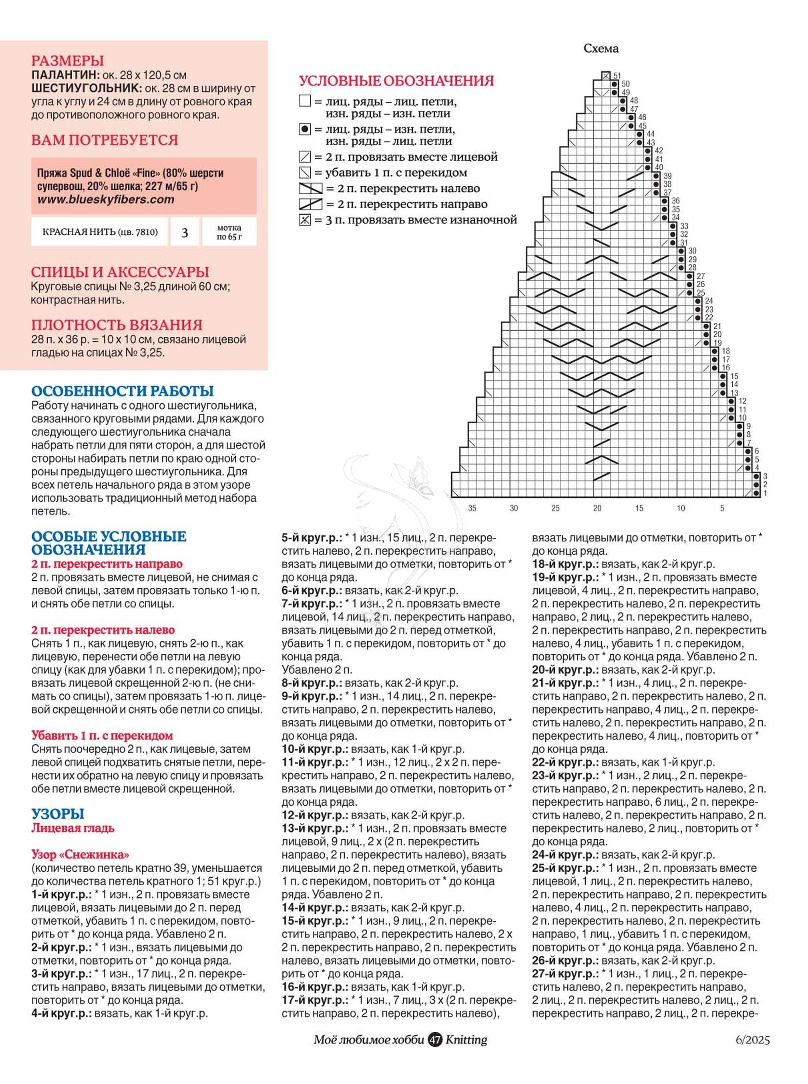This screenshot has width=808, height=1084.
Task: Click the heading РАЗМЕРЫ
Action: [67, 61]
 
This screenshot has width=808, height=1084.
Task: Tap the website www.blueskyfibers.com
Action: [106, 200]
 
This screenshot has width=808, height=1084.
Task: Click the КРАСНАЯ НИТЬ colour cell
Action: [100, 232]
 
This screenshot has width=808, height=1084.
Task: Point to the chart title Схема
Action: [601, 48]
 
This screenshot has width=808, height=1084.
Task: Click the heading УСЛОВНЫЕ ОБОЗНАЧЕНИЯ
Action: [396, 81]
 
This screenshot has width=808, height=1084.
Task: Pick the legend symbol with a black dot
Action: [305, 130]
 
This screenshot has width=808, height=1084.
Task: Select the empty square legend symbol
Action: [305, 101]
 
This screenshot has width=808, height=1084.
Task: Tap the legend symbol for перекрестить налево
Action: [310, 188]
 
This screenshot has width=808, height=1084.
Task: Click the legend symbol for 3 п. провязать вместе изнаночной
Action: [305, 220]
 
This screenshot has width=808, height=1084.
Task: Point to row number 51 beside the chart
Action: [617, 76]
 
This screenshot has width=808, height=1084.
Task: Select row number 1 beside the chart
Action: [765, 493]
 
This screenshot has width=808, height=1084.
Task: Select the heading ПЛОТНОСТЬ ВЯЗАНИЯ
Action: [117, 325]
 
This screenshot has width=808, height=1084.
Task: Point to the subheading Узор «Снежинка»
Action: [80, 855]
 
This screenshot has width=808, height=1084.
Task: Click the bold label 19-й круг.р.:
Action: [565, 577]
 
